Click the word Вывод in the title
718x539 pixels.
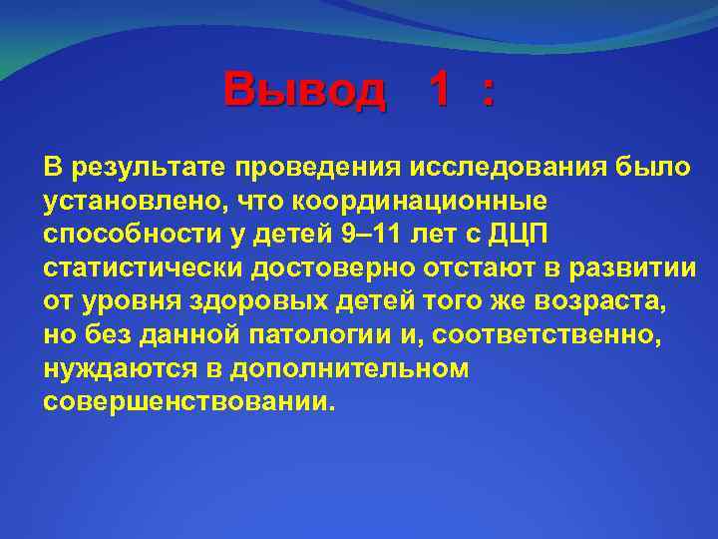click(x=304, y=91)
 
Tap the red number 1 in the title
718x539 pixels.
click(x=439, y=91)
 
